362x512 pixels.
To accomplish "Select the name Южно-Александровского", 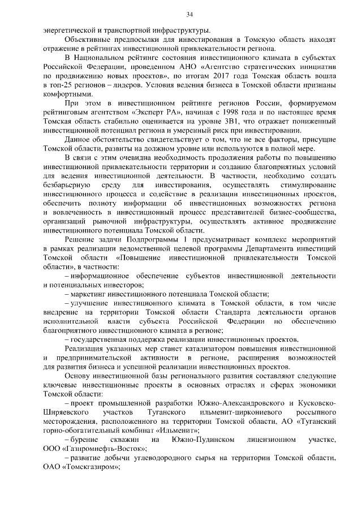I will tap(245, 404).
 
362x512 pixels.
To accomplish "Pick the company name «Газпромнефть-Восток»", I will tap(100, 449).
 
